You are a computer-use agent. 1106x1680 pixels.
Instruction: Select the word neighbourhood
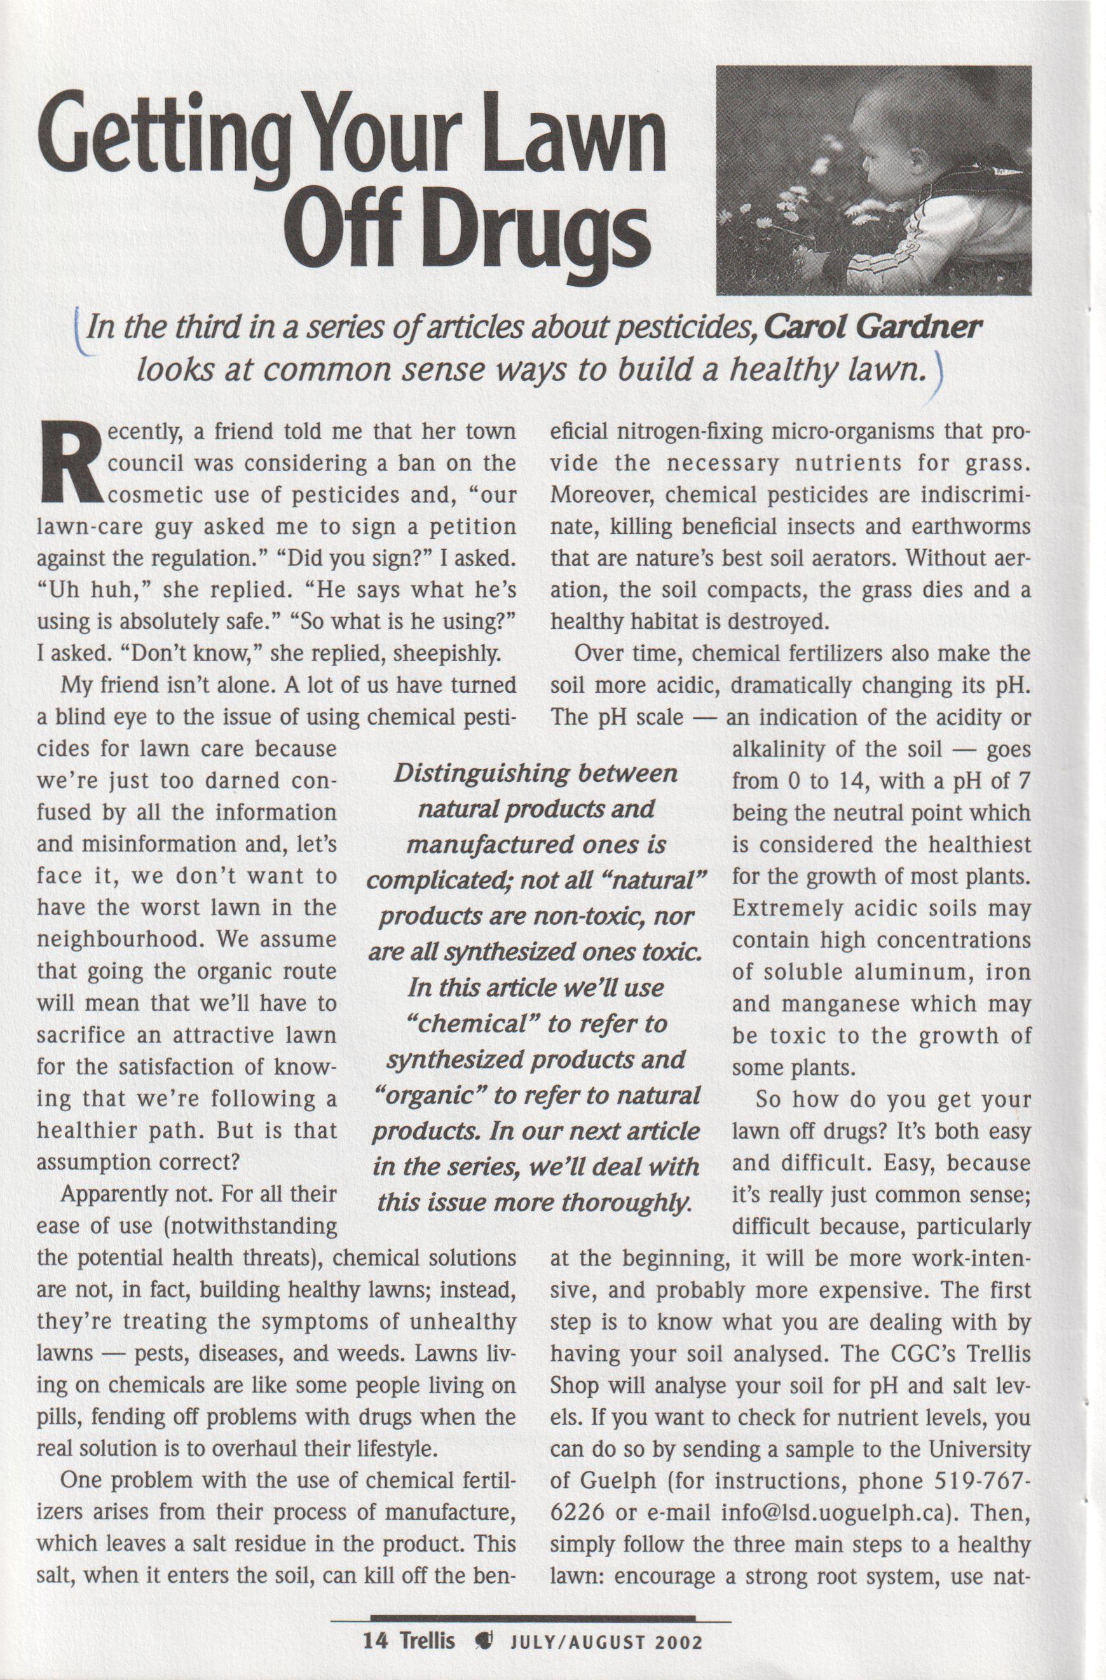pyautogui.click(x=120, y=940)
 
